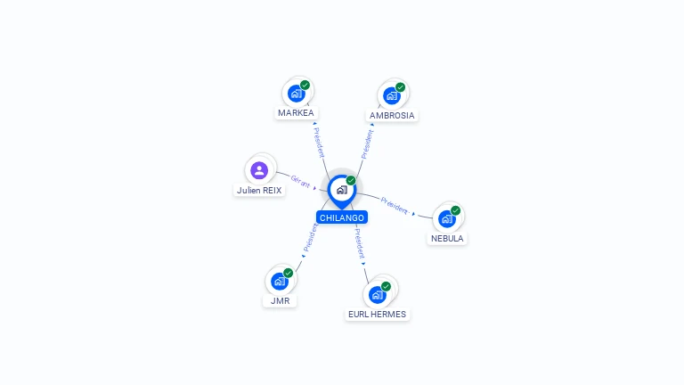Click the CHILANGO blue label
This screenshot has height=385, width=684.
[x=341, y=217]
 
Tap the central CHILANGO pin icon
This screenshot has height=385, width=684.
[x=341, y=190]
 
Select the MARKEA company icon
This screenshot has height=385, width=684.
[x=297, y=94]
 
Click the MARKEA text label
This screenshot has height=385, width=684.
[x=296, y=113]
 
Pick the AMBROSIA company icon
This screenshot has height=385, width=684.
[x=392, y=95]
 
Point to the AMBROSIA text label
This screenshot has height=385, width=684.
[x=392, y=116]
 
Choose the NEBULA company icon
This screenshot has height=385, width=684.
[x=447, y=218]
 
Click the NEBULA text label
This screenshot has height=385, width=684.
[x=447, y=239]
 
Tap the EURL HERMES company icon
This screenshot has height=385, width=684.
[x=378, y=294]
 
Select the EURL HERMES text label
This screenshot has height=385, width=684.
[x=378, y=315]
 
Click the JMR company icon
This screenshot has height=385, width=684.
[x=280, y=281]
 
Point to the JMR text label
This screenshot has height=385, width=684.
[x=280, y=301]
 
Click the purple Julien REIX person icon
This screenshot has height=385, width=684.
[x=259, y=170]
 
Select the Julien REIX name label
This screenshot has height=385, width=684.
[x=259, y=191]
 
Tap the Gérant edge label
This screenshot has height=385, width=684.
[x=301, y=182]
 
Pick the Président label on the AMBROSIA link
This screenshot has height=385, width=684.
[x=366, y=144]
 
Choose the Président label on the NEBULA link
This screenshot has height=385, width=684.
[x=395, y=205]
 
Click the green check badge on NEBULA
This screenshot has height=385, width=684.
[x=456, y=211]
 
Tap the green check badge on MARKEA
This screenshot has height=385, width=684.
[x=305, y=86]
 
